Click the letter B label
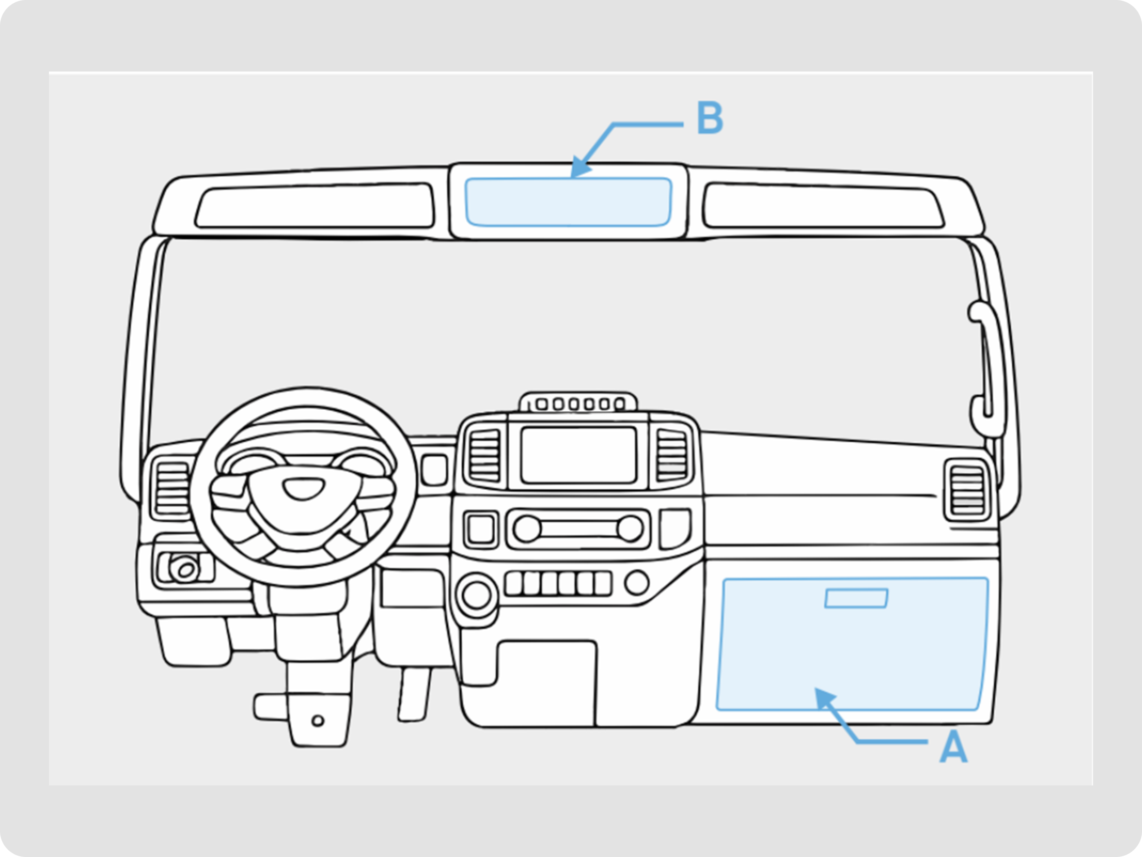[710, 118]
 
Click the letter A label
[952, 747]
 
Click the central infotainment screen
[578, 455]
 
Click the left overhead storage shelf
[315, 206]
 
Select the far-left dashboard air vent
[173, 488]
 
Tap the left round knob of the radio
[527, 529]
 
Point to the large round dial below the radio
[476, 595]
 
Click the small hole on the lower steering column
[318, 720]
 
